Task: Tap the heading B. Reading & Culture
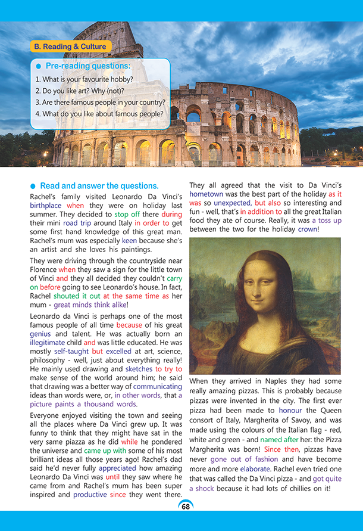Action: click(69, 46)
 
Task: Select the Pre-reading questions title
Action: click(87, 66)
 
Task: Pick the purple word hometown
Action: click(209, 194)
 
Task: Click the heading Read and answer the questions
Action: click(99, 185)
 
